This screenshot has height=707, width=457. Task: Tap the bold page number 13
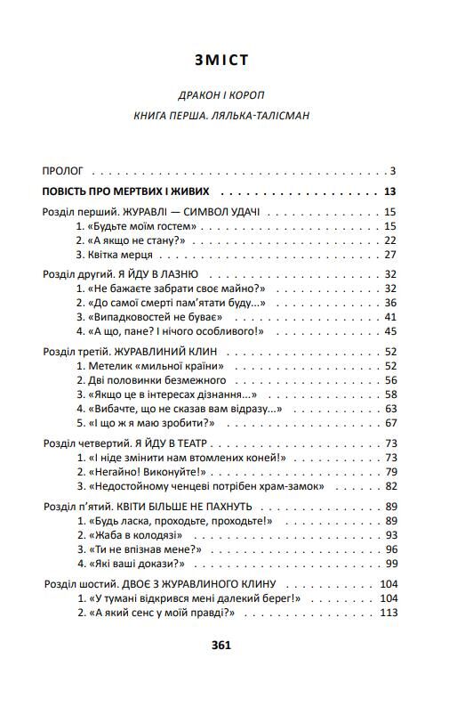[x=389, y=191]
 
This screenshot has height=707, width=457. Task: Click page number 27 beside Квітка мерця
[x=389, y=255]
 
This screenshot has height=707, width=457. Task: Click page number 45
[x=389, y=331]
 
